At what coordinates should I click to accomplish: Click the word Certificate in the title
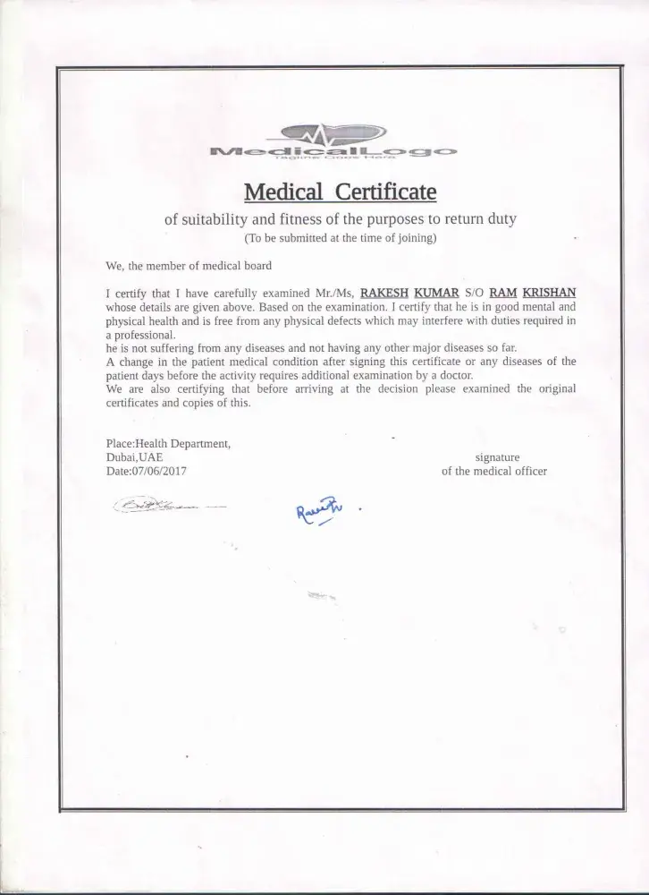[385, 192]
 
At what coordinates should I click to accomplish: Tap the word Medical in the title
[282, 192]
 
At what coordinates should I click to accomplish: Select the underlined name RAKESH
[384, 292]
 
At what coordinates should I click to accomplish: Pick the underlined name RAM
[503, 292]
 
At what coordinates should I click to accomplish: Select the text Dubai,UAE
[134, 456]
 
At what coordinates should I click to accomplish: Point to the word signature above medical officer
[497, 456]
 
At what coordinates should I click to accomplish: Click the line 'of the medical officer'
[493, 470]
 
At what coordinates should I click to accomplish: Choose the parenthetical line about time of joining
[340, 239]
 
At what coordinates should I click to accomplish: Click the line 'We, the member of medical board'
[188, 266]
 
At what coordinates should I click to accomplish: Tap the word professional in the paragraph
[142, 334]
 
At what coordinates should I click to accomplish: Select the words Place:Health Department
[169, 443]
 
